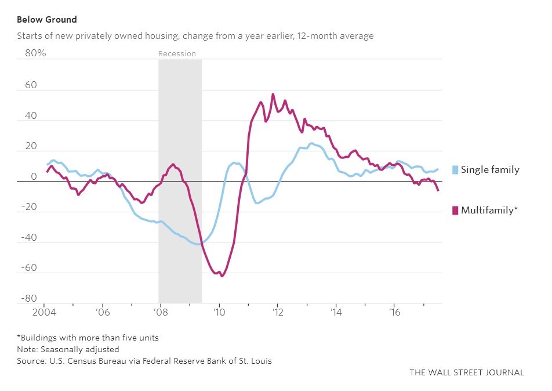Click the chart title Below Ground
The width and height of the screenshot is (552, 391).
(46, 19)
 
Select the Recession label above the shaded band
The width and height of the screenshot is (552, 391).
(177, 53)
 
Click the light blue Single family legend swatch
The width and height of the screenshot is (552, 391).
(455, 170)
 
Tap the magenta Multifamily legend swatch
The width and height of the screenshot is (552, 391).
(455, 210)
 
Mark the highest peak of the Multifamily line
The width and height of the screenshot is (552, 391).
(273, 94)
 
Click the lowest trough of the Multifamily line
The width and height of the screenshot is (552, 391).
(221, 276)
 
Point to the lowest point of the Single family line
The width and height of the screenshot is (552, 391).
(199, 244)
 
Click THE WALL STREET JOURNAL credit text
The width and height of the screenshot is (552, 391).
(466, 372)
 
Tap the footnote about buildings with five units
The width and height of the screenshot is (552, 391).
(88, 338)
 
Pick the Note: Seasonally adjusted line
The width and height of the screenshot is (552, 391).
(68, 349)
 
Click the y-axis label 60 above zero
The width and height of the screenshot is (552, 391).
(30, 85)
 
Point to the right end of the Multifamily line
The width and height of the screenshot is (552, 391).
(438, 190)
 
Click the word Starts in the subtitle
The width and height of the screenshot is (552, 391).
(28, 36)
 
